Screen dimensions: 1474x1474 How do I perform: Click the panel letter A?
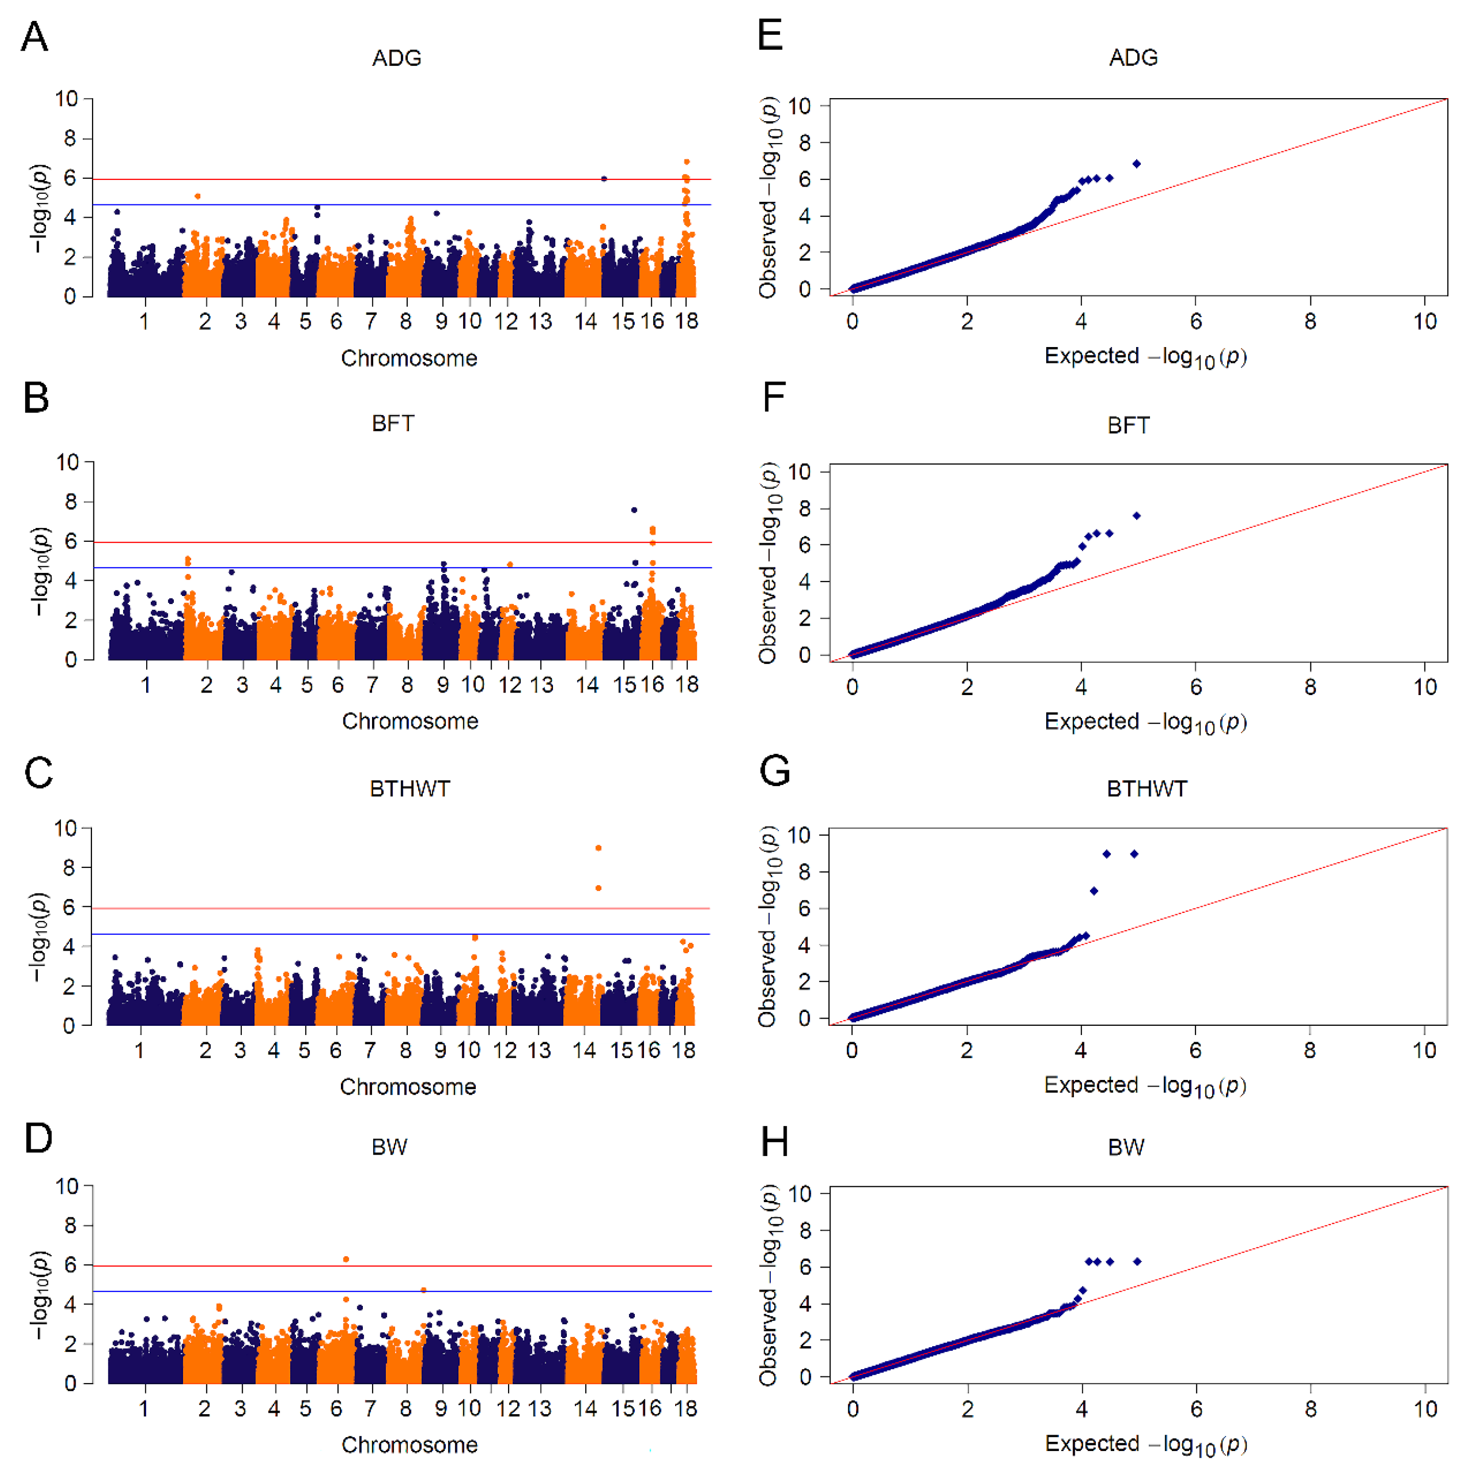click(x=34, y=37)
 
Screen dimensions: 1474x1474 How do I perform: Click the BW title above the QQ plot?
click(x=1126, y=1147)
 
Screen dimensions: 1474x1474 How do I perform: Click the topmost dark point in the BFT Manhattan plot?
click(x=634, y=510)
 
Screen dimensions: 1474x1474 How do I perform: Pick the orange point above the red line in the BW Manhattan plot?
click(x=347, y=1259)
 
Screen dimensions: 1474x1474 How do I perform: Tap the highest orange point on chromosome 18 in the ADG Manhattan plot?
click(x=686, y=162)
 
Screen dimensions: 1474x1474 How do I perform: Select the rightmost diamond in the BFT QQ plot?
click(x=1137, y=516)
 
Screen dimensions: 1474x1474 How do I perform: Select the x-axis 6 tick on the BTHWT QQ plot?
click(x=1195, y=1051)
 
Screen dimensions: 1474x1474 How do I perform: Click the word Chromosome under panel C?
click(x=408, y=1087)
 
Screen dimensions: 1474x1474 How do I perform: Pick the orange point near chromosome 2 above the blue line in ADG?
click(x=198, y=196)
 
